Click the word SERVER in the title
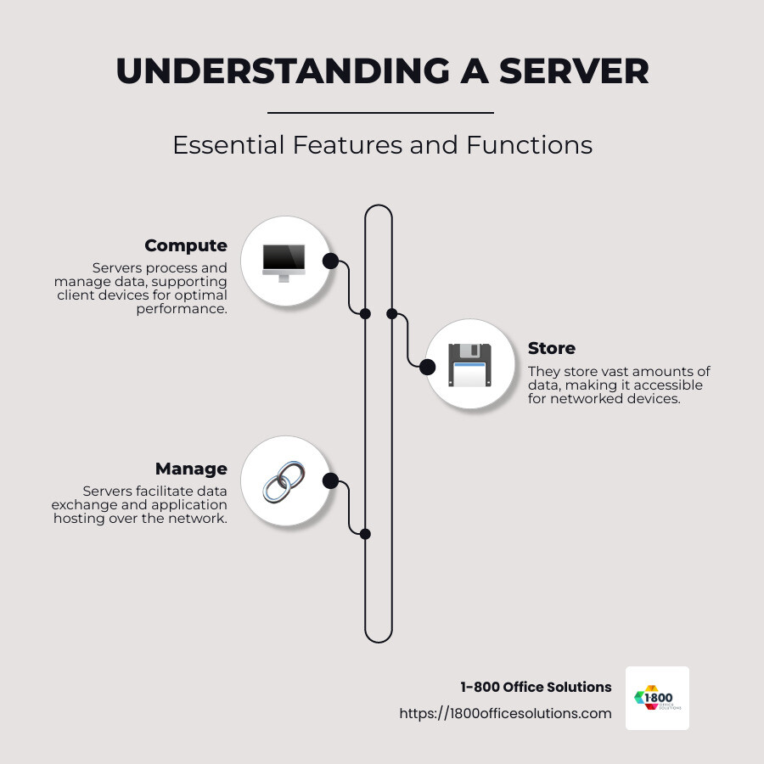click(x=574, y=71)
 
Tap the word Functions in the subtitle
click(x=529, y=144)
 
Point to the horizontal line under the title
click(x=380, y=112)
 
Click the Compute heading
click(x=186, y=245)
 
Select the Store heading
click(x=551, y=348)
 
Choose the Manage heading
click(x=191, y=469)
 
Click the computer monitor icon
click(x=284, y=261)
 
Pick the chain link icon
click(x=284, y=481)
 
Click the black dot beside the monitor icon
click(x=330, y=261)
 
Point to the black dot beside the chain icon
click(x=330, y=481)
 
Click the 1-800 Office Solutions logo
click(x=657, y=698)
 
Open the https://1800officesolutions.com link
click(x=505, y=713)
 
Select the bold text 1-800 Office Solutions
click(x=536, y=687)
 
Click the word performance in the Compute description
click(x=182, y=308)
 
